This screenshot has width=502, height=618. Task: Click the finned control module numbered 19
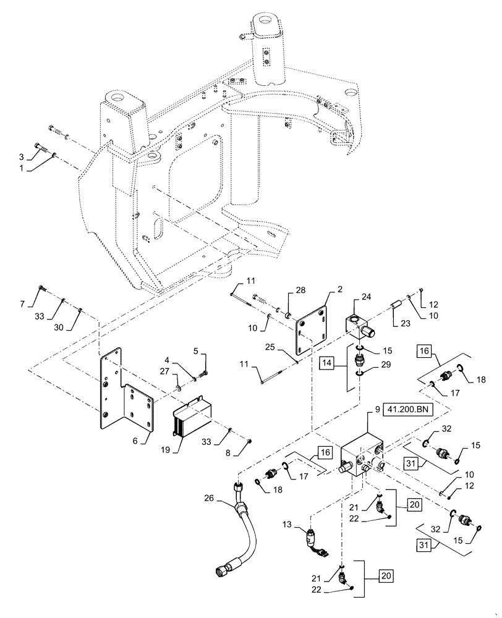192,418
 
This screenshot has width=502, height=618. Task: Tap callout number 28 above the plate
300,290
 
